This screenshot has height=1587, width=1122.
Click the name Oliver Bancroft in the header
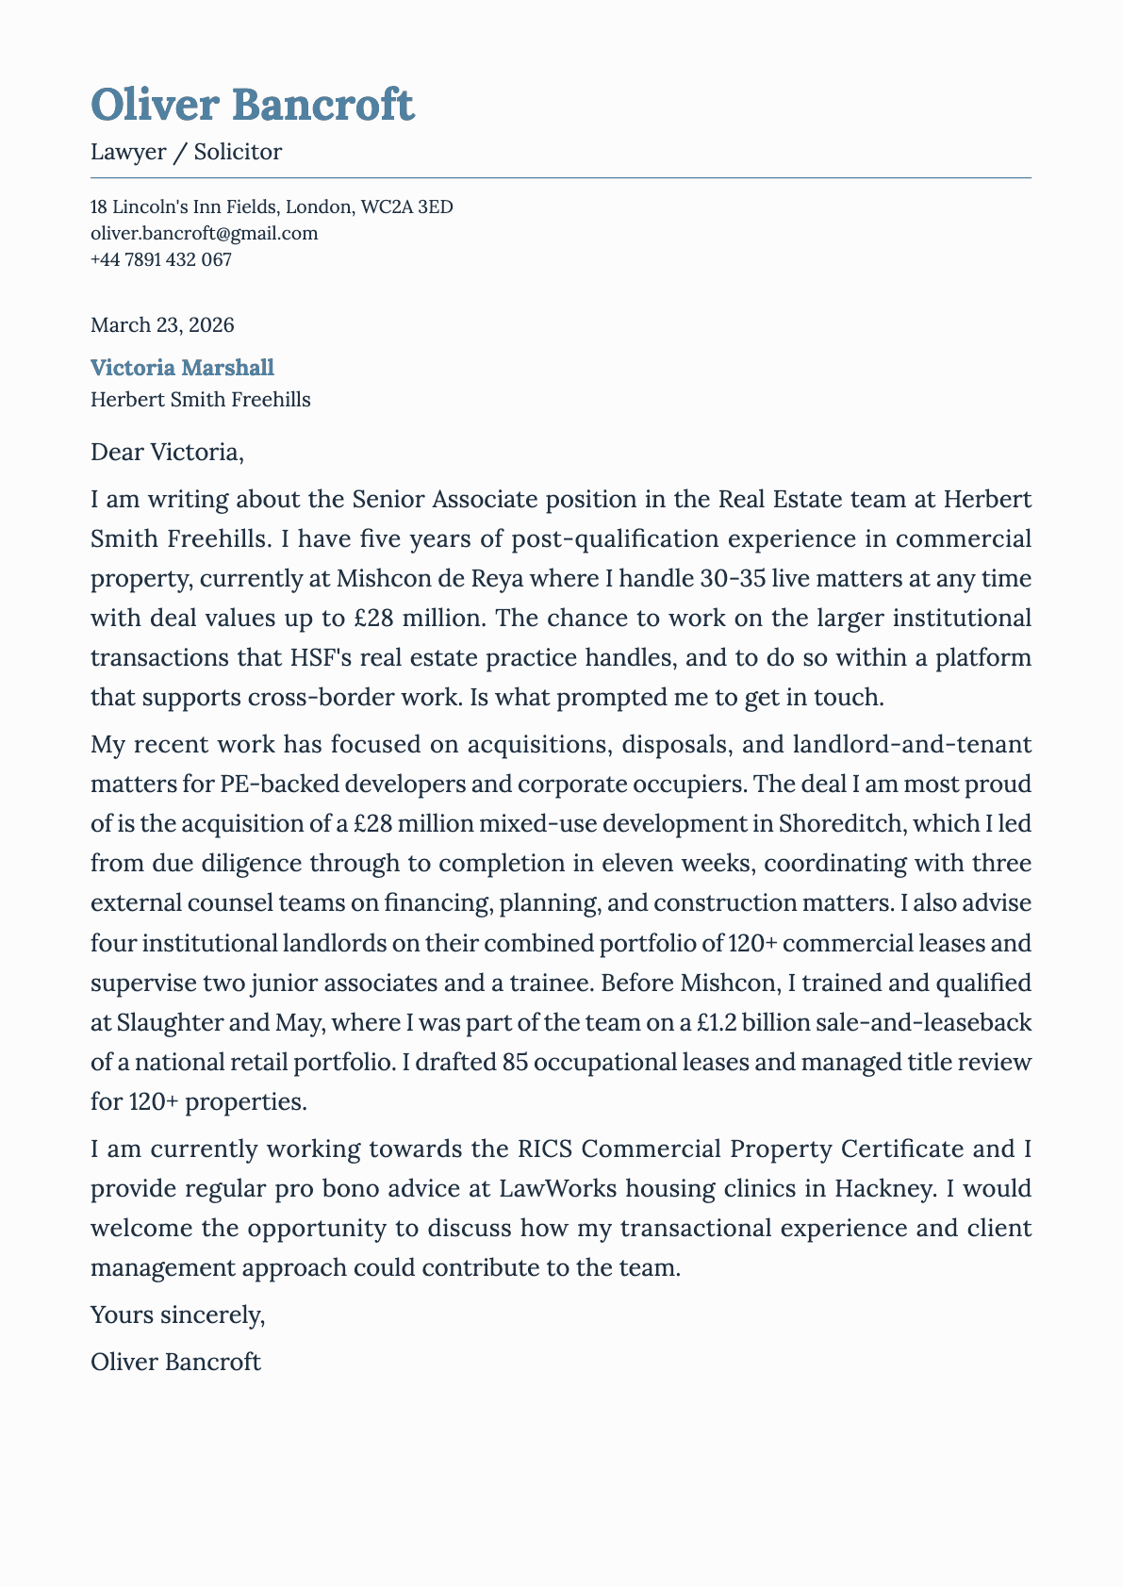click(x=253, y=104)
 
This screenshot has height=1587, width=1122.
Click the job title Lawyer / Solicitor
click(x=186, y=152)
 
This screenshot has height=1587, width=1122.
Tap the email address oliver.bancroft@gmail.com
click(x=204, y=233)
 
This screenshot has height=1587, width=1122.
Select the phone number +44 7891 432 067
click(x=160, y=259)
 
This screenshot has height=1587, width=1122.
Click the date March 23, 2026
click(x=162, y=325)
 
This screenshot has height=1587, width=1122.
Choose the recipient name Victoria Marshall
click(x=182, y=368)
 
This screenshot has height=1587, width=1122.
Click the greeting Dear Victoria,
click(x=167, y=453)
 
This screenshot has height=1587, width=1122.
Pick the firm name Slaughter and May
click(x=206, y=1023)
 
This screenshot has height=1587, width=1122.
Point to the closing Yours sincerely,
click(x=177, y=1314)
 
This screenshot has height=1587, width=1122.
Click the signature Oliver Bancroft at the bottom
click(x=175, y=1362)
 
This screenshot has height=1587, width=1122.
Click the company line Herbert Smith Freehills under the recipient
click(x=200, y=400)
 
